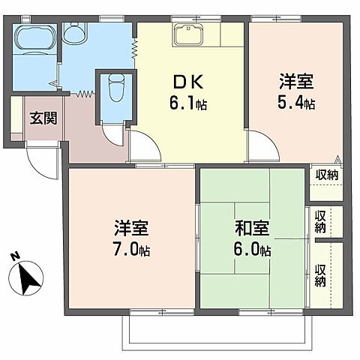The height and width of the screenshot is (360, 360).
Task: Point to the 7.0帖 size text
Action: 131,250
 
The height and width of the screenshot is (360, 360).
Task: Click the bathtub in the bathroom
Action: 34,37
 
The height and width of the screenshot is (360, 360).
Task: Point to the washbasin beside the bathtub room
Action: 74,33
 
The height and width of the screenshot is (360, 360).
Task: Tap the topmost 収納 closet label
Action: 325,175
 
